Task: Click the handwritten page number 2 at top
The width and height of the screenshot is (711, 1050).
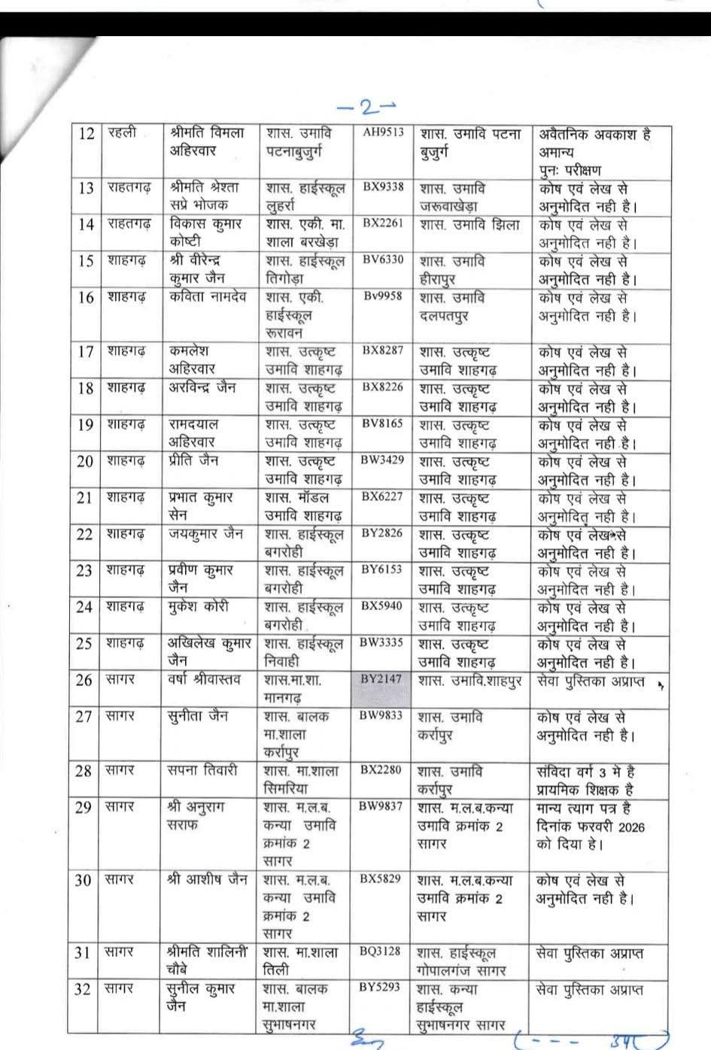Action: click(368, 107)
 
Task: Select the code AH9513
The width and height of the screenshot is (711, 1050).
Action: click(383, 133)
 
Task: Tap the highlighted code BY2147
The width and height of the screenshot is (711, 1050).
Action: click(381, 679)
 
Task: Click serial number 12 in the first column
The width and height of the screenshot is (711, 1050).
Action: click(87, 134)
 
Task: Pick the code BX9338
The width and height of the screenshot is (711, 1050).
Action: click(383, 187)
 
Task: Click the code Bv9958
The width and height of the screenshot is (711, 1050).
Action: click(383, 296)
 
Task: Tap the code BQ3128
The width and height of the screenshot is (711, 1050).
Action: click(381, 951)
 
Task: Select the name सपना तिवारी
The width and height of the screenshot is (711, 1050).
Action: click(202, 771)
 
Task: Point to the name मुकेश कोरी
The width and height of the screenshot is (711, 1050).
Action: click(199, 606)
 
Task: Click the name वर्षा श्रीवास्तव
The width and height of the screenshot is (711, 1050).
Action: click(205, 680)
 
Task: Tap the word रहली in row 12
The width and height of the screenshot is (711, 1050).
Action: click(122, 133)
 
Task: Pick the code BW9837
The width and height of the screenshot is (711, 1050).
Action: click(381, 806)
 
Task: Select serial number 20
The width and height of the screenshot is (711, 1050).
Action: click(85, 461)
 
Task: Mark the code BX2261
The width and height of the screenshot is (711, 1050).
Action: click(383, 223)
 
